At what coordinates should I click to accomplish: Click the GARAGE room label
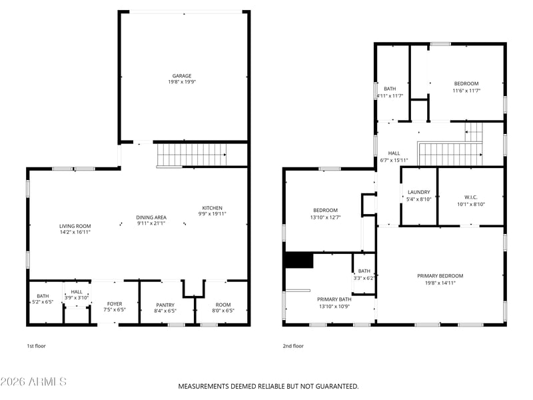click(x=181, y=76)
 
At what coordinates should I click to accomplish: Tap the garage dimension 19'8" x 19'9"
click(x=182, y=82)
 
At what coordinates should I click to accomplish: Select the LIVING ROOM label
click(x=75, y=226)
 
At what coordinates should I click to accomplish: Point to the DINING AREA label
click(x=151, y=217)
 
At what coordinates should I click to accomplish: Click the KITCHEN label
click(x=212, y=208)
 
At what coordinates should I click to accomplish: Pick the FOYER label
click(x=115, y=304)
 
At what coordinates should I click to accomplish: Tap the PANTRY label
click(x=165, y=305)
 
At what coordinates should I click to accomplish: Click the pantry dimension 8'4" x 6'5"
click(x=165, y=311)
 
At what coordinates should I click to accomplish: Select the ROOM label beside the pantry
click(x=223, y=305)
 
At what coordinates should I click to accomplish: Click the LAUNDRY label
click(x=419, y=192)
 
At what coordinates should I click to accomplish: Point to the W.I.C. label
click(x=471, y=197)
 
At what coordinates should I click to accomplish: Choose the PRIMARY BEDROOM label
click(x=440, y=276)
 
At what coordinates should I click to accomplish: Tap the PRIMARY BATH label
click(x=334, y=299)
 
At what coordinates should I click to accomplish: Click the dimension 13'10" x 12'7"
click(x=325, y=217)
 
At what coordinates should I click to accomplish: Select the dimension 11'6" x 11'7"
click(x=466, y=91)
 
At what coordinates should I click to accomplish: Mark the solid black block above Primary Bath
click(x=299, y=260)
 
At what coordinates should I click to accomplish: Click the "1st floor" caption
click(x=36, y=346)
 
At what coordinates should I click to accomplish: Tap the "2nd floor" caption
click(x=293, y=346)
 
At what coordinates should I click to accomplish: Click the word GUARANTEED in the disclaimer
click(x=337, y=387)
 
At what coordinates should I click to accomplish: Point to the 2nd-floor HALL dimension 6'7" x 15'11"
click(x=394, y=160)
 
